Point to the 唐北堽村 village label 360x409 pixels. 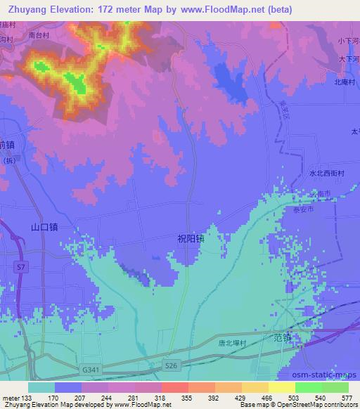pyautogui.click(x=237, y=342)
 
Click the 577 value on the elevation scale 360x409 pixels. pyautogui.click(x=348, y=397)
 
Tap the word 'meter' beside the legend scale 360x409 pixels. pyautogui.click(x=12, y=397)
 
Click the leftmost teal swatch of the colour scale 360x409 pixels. pyautogui.click(x=41, y=387)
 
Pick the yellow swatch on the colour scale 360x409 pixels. pyautogui.click(x=282, y=387)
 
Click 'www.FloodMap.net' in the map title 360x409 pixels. pyautogui.click(x=221, y=8)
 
